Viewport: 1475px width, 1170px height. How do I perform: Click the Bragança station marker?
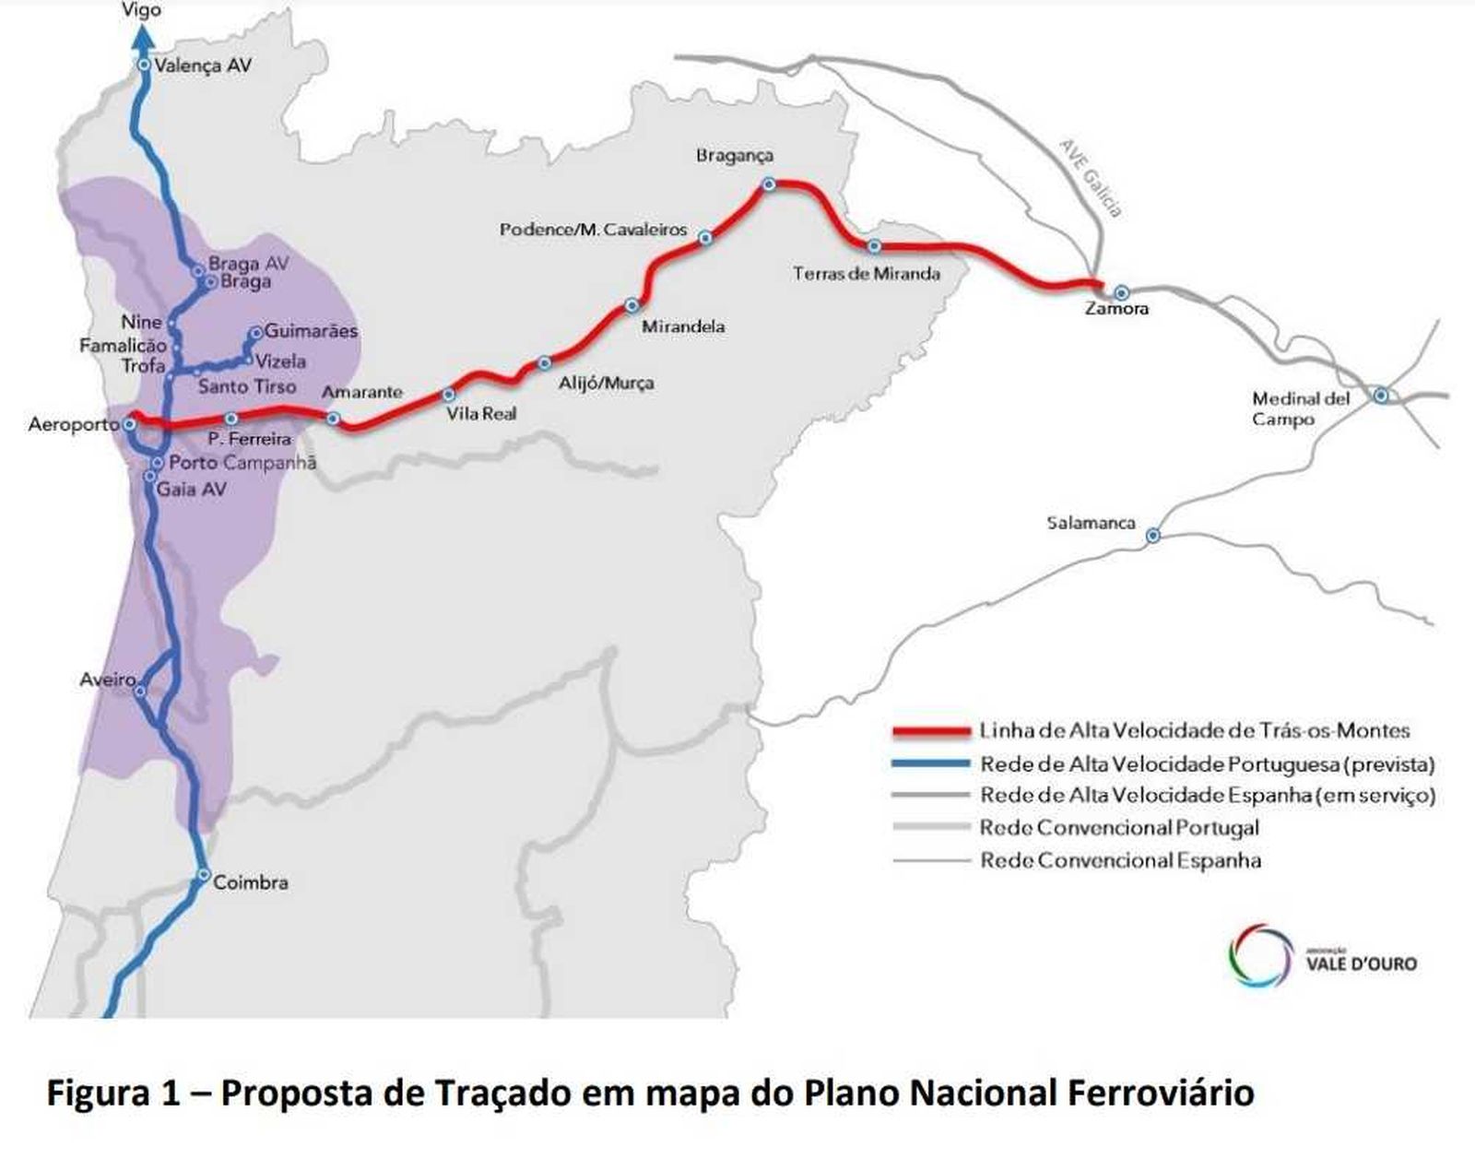click(768, 184)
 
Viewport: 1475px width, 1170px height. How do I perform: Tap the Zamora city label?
click(1116, 309)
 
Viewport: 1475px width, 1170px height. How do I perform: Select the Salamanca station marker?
click(1152, 535)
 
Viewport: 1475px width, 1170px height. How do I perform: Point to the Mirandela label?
click(683, 326)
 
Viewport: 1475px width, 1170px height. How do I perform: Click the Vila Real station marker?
click(449, 395)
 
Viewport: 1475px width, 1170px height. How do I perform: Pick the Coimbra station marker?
click(205, 874)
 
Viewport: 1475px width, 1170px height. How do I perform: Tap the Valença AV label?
click(203, 65)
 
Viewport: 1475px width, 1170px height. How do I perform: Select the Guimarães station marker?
click(255, 333)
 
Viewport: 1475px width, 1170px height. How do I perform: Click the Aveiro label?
click(108, 680)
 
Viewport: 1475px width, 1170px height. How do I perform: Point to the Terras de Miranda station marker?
click(874, 246)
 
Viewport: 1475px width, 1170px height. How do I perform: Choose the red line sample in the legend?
click(931, 732)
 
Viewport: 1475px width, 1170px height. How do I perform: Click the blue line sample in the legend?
click(931, 763)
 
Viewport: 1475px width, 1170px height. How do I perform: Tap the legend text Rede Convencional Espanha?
click(1120, 860)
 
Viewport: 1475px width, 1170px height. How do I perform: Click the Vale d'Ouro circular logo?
click(1261, 955)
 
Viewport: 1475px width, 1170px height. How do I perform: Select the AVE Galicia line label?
click(1091, 178)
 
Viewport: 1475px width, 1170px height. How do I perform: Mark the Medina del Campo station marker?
click(1380, 395)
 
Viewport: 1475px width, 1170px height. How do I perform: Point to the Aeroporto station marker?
click(130, 424)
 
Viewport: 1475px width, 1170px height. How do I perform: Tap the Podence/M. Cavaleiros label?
click(593, 229)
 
